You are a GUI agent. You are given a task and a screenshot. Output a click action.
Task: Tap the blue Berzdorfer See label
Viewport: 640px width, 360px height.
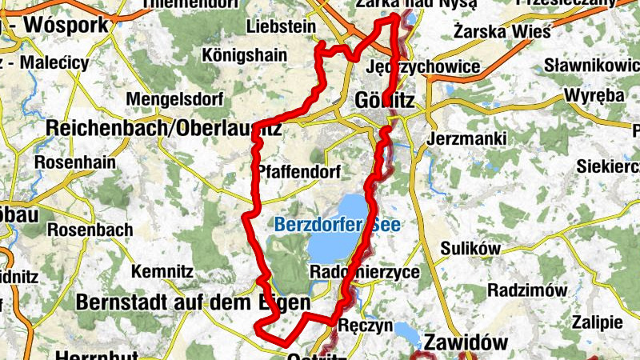pyautogui.click(x=337, y=226)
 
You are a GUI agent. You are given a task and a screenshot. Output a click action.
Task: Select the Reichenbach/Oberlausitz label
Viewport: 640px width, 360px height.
pyautogui.click(x=163, y=127)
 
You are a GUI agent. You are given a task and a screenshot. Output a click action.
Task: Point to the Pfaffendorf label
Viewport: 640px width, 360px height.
pyautogui.click(x=298, y=172)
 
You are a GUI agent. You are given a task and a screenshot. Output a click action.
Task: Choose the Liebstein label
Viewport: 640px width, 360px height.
pyautogui.click(x=282, y=26)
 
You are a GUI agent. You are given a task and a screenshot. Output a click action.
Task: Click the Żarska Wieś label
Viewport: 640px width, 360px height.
pyautogui.click(x=502, y=32)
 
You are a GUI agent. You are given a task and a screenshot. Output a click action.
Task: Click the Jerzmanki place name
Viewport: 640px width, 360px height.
pyautogui.click(x=467, y=138)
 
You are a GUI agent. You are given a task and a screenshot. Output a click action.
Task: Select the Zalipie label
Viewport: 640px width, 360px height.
pyautogui.click(x=597, y=322)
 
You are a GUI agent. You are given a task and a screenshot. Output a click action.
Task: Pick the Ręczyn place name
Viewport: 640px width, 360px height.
pyautogui.click(x=365, y=326)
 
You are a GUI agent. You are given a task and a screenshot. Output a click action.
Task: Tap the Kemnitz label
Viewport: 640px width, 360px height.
pyautogui.click(x=163, y=271)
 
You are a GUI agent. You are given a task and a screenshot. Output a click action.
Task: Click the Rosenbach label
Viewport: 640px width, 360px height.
pyautogui.click(x=90, y=230)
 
